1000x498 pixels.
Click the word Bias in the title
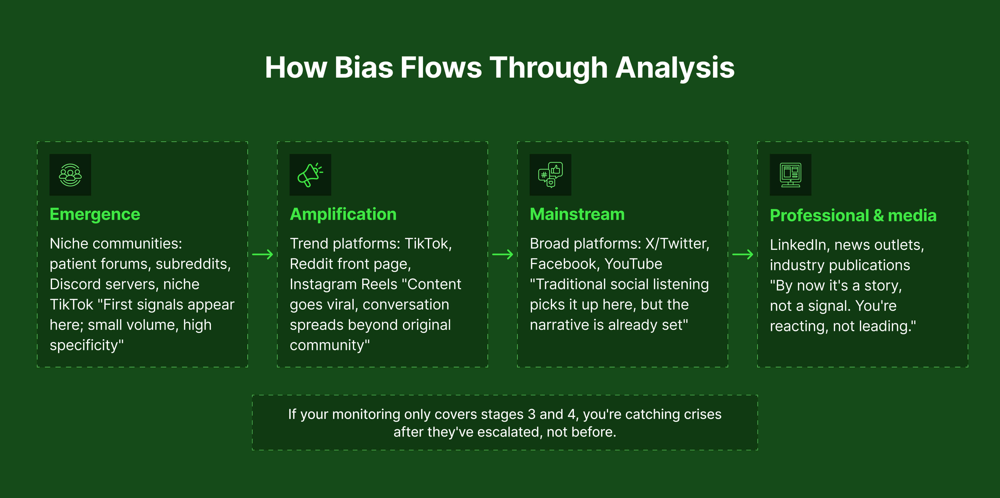364,67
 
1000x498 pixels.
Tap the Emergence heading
95,214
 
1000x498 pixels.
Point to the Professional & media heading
853,215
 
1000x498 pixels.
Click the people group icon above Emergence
70,175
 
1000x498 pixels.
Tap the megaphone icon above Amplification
310,175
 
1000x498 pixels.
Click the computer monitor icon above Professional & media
790,175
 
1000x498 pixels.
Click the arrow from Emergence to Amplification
262,255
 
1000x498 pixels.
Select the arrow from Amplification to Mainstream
502,255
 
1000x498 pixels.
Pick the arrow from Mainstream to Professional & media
743,255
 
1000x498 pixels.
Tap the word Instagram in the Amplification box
323,284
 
